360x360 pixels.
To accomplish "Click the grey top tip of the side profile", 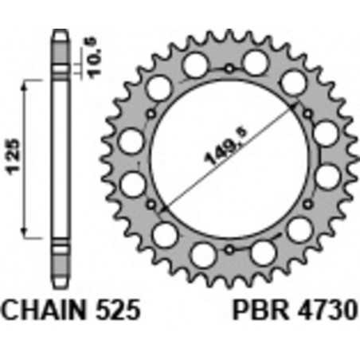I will point(60,37).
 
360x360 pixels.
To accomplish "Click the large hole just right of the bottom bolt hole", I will point(258,254).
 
